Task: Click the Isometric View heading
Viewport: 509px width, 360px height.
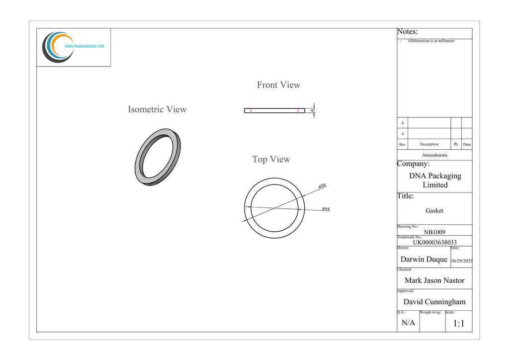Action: pyautogui.click(x=157, y=109)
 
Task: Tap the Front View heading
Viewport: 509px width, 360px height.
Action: pyautogui.click(x=278, y=85)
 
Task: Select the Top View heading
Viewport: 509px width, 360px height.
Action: pyautogui.click(x=271, y=160)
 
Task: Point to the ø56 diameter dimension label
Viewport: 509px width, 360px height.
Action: pyautogui.click(x=322, y=185)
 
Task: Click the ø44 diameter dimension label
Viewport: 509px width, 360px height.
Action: pyautogui.click(x=326, y=209)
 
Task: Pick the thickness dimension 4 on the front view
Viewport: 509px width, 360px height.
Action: pyautogui.click(x=312, y=111)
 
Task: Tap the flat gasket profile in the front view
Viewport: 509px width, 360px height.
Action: pyautogui.click(x=274, y=111)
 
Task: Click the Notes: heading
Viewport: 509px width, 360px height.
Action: pyautogui.click(x=408, y=31)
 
